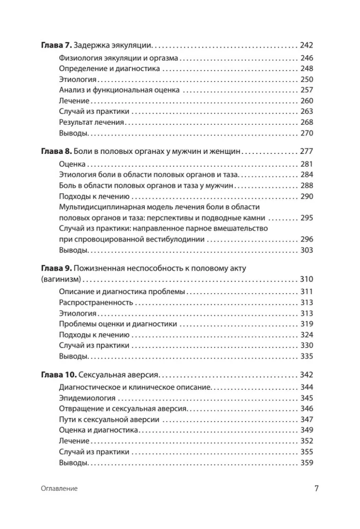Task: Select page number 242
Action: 307,45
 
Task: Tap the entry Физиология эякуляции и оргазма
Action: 119,58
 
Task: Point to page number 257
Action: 307,90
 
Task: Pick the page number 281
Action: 307,164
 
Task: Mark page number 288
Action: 307,185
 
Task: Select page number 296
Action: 307,239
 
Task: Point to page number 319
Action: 307,324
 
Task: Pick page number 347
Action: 307,419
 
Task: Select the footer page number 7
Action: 316,488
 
